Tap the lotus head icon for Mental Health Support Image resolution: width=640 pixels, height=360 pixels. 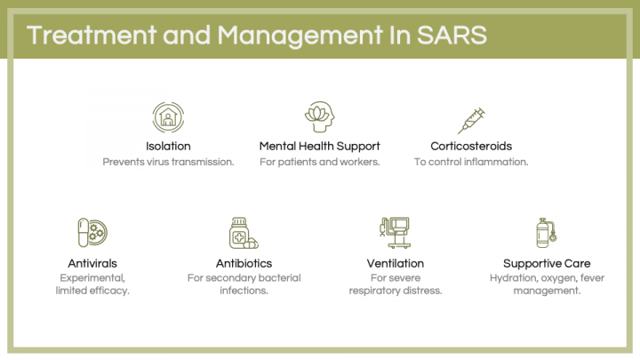point(319,116)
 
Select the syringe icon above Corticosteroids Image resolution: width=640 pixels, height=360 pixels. point(470,117)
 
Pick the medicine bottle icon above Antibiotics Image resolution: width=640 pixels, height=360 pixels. point(242,233)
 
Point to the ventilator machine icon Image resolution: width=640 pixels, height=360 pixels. point(395,233)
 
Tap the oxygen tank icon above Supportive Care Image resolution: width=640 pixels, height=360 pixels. point(546,233)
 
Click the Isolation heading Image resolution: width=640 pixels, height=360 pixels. point(168,146)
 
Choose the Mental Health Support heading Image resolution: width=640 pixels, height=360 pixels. point(319,146)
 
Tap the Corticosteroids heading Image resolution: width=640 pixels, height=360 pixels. point(470,146)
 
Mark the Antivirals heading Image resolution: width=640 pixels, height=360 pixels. point(92,263)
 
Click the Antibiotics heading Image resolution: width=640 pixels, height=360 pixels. point(244,263)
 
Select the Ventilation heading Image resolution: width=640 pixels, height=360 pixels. point(395,263)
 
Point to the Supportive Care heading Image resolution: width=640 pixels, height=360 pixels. point(546,263)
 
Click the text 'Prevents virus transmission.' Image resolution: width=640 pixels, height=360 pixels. point(168,162)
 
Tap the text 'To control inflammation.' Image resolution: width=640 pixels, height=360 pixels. point(470,162)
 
